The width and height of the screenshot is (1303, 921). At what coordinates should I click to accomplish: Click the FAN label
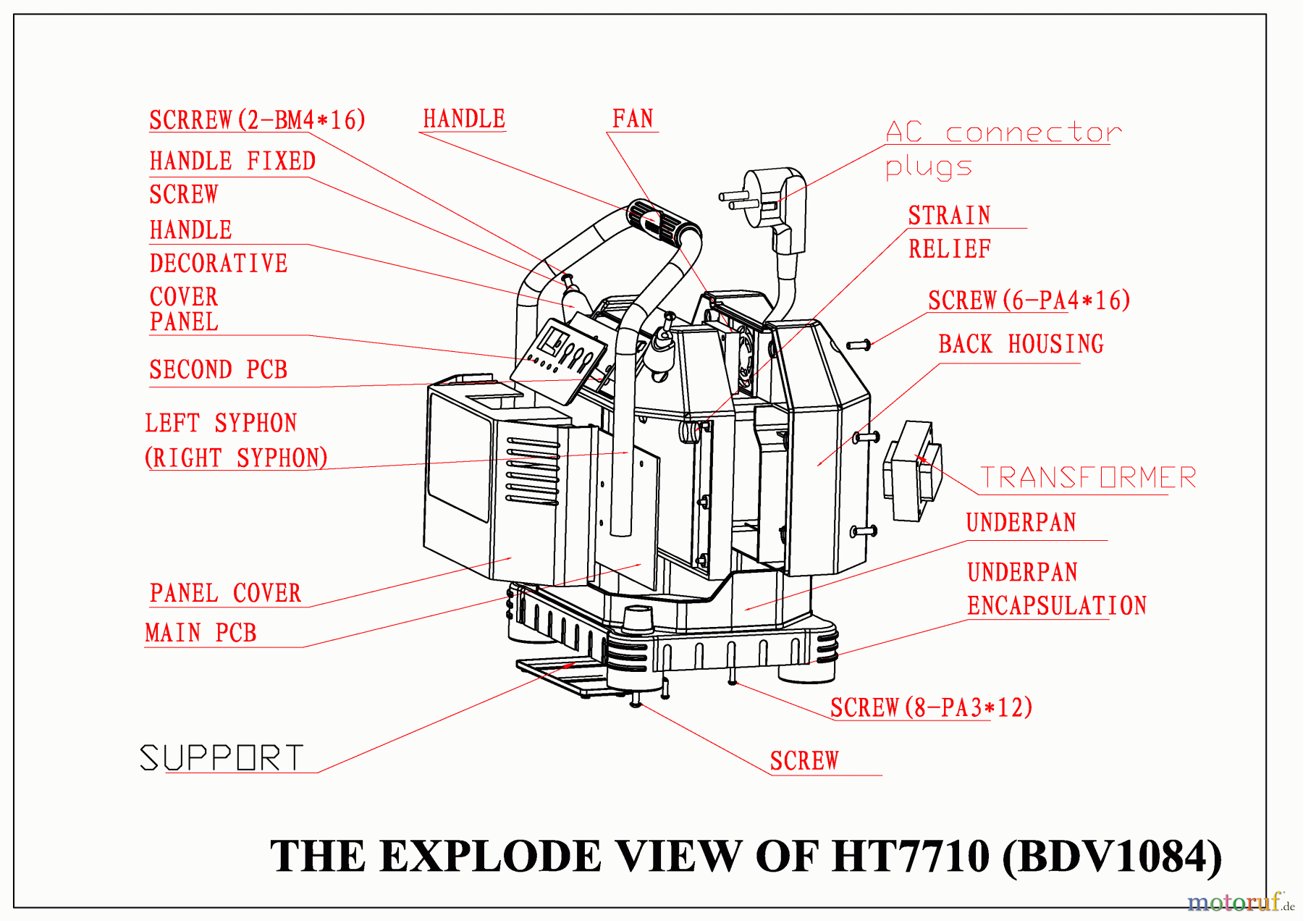[633, 119]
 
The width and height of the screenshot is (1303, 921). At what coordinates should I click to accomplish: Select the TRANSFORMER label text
[1087, 478]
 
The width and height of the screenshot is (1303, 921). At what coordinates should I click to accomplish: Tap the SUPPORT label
[222, 758]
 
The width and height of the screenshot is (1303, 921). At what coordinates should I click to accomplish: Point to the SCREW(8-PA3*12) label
[931, 707]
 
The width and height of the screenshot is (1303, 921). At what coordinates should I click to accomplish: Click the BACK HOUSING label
[1021, 344]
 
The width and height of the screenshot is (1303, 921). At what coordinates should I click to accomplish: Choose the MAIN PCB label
[201, 633]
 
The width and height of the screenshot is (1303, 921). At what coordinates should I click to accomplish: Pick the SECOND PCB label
[218, 370]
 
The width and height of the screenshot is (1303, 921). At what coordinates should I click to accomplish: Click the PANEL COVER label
[225, 593]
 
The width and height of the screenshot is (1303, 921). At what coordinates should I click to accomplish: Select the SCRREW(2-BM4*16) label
[257, 120]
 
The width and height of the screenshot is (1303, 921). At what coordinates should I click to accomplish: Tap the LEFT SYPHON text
[221, 424]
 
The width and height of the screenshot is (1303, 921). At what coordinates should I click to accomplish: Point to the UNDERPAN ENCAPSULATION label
[1056, 589]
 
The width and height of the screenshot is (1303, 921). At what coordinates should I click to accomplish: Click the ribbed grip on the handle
[663, 222]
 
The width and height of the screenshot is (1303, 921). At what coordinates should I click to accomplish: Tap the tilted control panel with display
[559, 359]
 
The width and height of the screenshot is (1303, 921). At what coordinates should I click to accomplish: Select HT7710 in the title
[910, 857]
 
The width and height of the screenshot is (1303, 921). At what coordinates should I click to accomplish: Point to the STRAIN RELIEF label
[949, 232]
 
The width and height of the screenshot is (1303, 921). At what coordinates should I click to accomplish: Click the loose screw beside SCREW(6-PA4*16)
[859, 345]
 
